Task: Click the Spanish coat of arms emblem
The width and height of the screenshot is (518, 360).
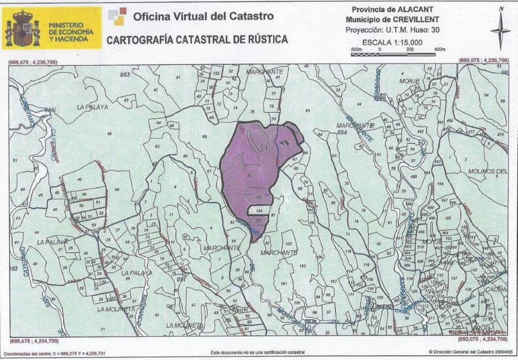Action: click(22, 28)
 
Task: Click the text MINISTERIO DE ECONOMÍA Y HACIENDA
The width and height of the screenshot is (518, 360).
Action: click(71, 32)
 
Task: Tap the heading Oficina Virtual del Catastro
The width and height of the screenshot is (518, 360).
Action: click(203, 16)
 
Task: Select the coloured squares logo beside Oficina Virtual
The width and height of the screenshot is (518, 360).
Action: click(117, 16)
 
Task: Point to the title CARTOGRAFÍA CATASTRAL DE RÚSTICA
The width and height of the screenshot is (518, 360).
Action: click(197, 39)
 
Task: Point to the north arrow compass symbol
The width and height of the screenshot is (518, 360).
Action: click(500, 29)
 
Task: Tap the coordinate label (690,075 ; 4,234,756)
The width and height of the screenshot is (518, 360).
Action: click(483, 339)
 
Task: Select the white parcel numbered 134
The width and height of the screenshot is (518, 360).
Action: click(258, 210)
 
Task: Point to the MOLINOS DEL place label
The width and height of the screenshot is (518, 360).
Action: click(487, 171)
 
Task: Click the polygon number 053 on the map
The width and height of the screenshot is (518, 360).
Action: click(125, 75)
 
